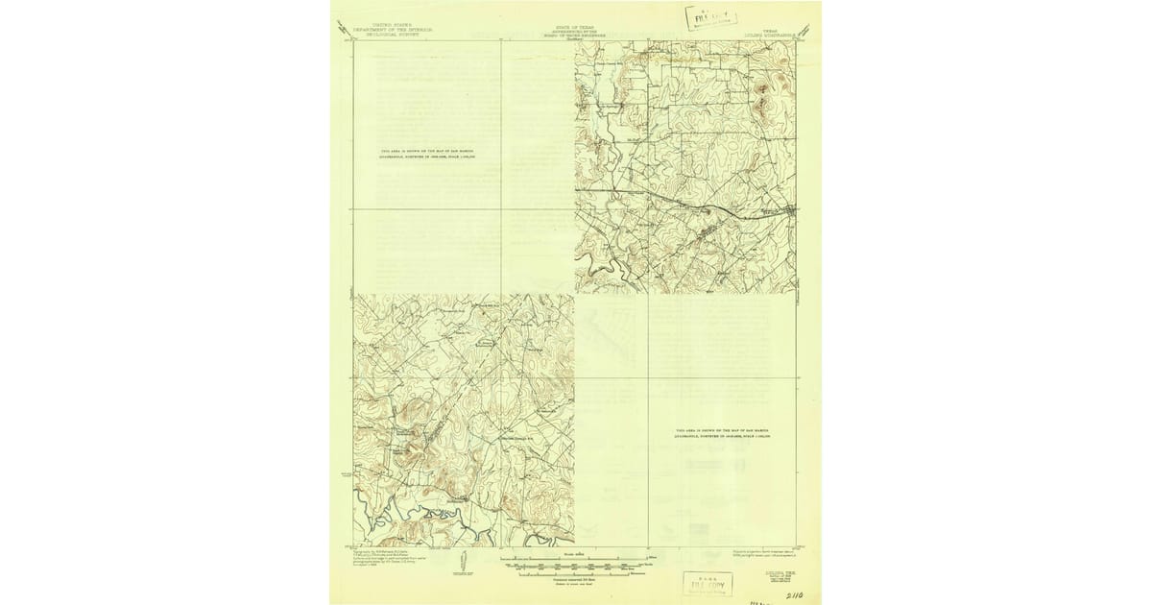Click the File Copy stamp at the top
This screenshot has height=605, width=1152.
pyautogui.click(x=711, y=17)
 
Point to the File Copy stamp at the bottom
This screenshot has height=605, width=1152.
pyautogui.click(x=707, y=583)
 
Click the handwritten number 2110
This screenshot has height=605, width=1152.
pyautogui.click(x=794, y=594)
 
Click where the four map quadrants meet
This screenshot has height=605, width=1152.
pyautogui.click(x=574, y=294)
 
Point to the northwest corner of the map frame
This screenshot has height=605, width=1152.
pyautogui.click(x=354, y=40)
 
